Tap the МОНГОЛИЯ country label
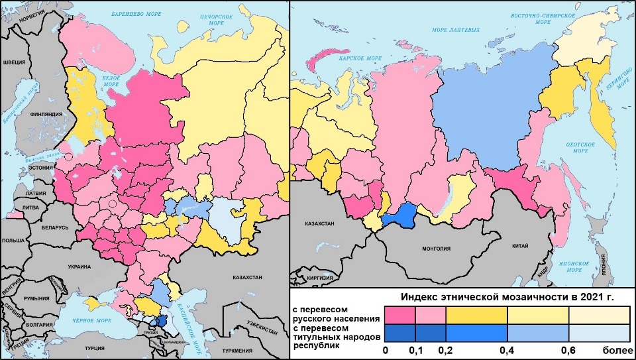click(x=435, y=249)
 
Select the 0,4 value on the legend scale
click(x=507, y=349)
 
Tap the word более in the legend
click(x=610, y=349)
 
